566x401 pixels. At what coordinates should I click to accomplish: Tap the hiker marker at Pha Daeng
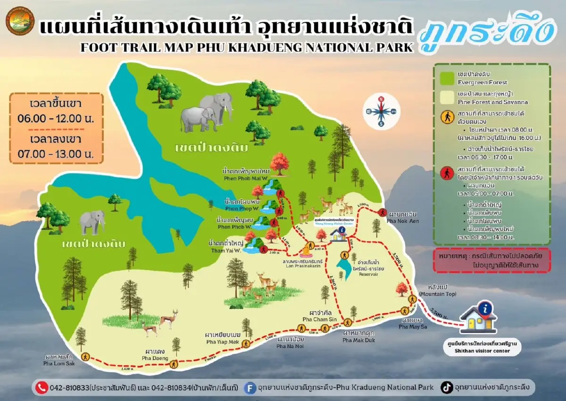tap(174, 364)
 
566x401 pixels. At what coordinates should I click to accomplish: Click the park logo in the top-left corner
tap(20, 21)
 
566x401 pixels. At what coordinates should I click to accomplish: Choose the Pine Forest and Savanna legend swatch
tap(446, 97)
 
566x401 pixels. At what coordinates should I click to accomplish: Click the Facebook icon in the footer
tap(250, 387)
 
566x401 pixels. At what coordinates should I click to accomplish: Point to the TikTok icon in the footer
tap(446, 387)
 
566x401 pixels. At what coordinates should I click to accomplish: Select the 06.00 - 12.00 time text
tap(56, 118)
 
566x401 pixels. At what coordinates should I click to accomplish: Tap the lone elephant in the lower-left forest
tap(91, 222)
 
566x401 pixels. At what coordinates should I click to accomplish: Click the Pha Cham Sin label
tap(318, 319)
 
